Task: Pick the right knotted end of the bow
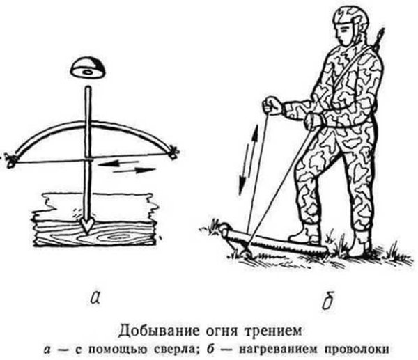point(172,152)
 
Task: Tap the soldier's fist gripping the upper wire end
point(272,107)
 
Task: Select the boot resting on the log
point(304,233)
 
